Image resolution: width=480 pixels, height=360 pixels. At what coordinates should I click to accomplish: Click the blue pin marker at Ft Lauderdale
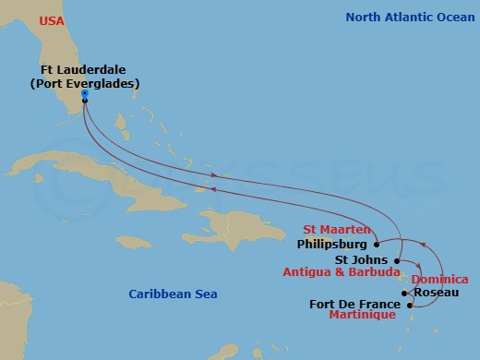[84, 95]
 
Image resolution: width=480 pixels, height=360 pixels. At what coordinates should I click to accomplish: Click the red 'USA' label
[52, 18]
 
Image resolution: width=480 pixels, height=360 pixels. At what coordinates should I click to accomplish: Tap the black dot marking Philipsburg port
[377, 245]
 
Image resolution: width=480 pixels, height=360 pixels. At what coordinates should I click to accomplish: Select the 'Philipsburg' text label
[333, 246]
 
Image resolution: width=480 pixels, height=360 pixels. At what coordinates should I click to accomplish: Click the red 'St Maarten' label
[337, 230]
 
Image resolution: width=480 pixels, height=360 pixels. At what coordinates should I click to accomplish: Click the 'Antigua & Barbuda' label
[354, 273]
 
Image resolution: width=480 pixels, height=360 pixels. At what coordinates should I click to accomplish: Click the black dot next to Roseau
[405, 294]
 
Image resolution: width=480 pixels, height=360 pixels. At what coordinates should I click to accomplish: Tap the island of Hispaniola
[235, 225]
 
